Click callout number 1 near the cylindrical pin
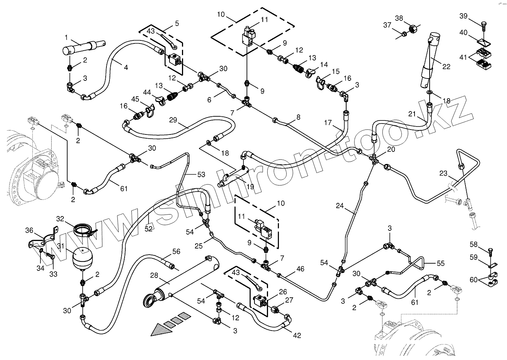66,37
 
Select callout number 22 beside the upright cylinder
446,67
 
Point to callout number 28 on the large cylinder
154,275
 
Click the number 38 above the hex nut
399,18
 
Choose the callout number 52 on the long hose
149,229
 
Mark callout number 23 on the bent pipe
443,174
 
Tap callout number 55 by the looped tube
440,264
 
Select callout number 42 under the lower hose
297,335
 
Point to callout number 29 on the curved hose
173,120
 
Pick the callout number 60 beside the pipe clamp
473,280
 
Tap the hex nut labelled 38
412,28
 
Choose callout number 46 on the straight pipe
300,269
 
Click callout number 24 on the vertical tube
340,206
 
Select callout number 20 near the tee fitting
391,149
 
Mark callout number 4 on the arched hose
126,68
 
